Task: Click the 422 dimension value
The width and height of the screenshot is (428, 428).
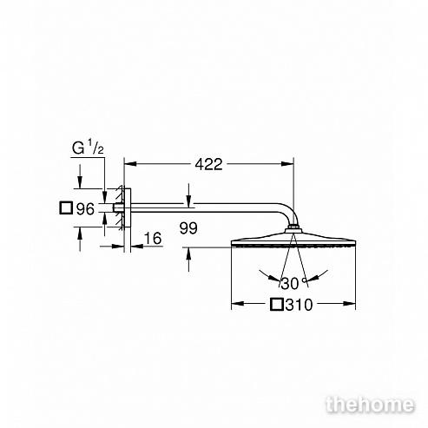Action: coord(208,164)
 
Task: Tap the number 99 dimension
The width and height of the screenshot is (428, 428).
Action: coord(188,228)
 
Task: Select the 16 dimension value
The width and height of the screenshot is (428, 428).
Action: coord(153,238)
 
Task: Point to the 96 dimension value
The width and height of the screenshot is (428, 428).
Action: coord(85,208)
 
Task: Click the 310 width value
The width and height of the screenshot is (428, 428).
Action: coord(300,305)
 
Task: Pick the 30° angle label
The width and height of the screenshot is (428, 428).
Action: coord(293,283)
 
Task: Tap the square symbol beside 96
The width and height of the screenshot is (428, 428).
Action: coord(66,208)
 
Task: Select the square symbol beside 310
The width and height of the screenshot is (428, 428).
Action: coord(277,305)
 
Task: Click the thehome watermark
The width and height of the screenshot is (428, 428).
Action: coord(370,405)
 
